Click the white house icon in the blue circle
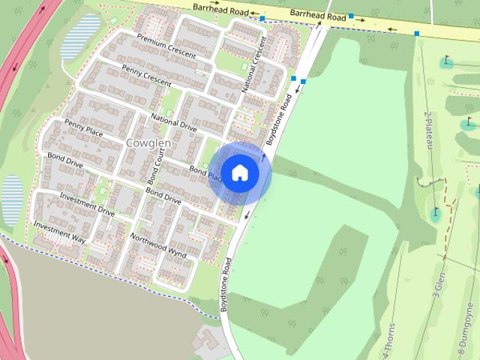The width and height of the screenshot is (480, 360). [x=239, y=172]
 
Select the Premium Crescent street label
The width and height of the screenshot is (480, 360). [x=166, y=46]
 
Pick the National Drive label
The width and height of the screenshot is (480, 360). [x=173, y=122]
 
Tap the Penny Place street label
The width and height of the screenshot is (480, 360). [x=83, y=128]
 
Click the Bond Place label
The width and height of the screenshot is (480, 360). [x=205, y=174]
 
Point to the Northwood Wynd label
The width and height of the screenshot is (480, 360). [x=157, y=244]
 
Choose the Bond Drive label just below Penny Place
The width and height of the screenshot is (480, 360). [x=65, y=160]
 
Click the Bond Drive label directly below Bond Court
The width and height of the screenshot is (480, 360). [x=163, y=196]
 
